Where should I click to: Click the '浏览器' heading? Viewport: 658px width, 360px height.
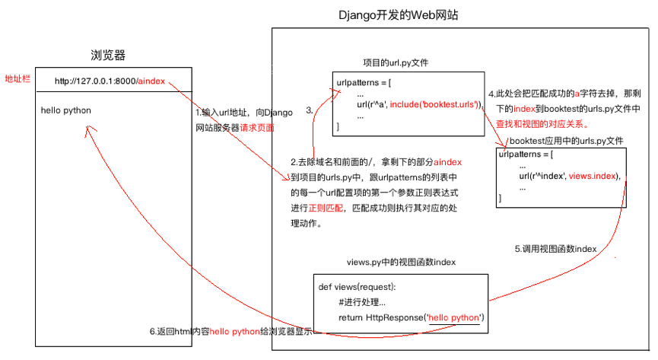(x=107, y=55)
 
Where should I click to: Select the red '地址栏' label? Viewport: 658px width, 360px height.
(x=17, y=79)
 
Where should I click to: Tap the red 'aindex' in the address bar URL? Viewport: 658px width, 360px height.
(x=151, y=81)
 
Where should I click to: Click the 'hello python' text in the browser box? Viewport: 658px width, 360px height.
(x=66, y=110)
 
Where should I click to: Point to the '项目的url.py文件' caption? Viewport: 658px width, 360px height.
(x=402, y=62)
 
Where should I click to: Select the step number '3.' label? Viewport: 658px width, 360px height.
(x=310, y=110)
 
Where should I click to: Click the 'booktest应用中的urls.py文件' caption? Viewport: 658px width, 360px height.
(x=566, y=141)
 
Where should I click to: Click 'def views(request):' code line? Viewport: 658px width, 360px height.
(x=358, y=287)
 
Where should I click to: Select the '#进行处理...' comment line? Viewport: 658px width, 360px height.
(x=367, y=302)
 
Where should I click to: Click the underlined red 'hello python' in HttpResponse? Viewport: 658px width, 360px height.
(x=455, y=317)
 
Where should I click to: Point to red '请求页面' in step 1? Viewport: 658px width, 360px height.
(x=257, y=127)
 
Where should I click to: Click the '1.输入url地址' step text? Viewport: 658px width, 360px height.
(x=219, y=113)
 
